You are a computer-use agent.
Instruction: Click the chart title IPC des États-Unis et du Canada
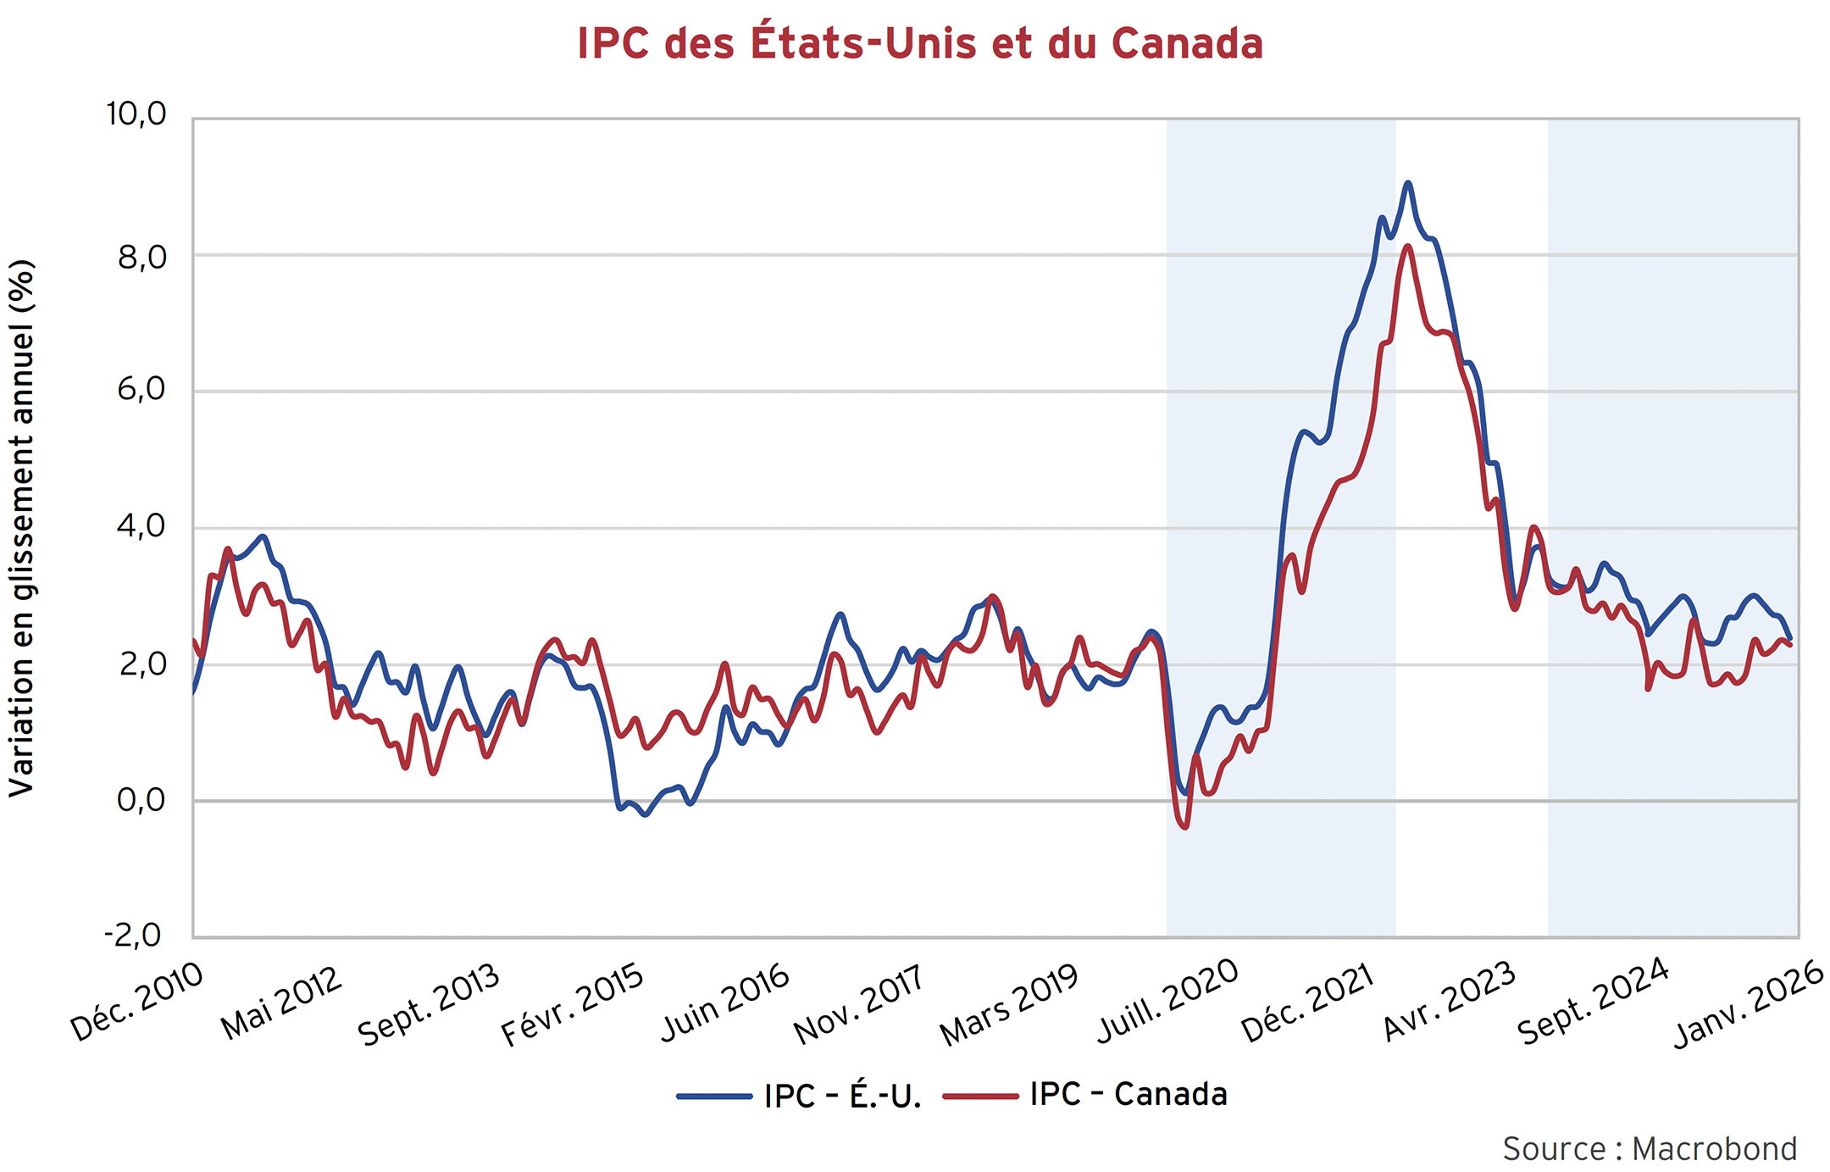pyautogui.click(x=920, y=44)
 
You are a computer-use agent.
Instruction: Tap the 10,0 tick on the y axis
pyautogui.click(x=136, y=114)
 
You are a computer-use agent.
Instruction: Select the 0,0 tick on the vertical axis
pyautogui.click(x=141, y=800)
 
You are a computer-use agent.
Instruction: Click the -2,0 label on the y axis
pyautogui.click(x=132, y=936)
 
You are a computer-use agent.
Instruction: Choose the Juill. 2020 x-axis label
pyautogui.click(x=1168, y=1002)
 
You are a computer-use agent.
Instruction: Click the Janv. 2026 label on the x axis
pyautogui.click(x=1750, y=1005)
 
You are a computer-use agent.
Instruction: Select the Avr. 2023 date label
pyautogui.click(x=1450, y=1002)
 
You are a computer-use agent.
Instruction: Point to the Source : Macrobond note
pyautogui.click(x=1650, y=1149)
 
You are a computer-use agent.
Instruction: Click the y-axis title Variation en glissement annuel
pyautogui.click(x=22, y=527)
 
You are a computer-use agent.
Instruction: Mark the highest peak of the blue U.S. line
pyautogui.click(x=1407, y=182)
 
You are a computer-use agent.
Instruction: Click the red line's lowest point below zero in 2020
pyautogui.click(x=1184, y=827)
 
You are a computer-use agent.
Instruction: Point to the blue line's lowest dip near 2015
pyautogui.click(x=646, y=814)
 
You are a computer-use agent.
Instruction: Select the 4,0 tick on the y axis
pyautogui.click(x=141, y=526)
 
